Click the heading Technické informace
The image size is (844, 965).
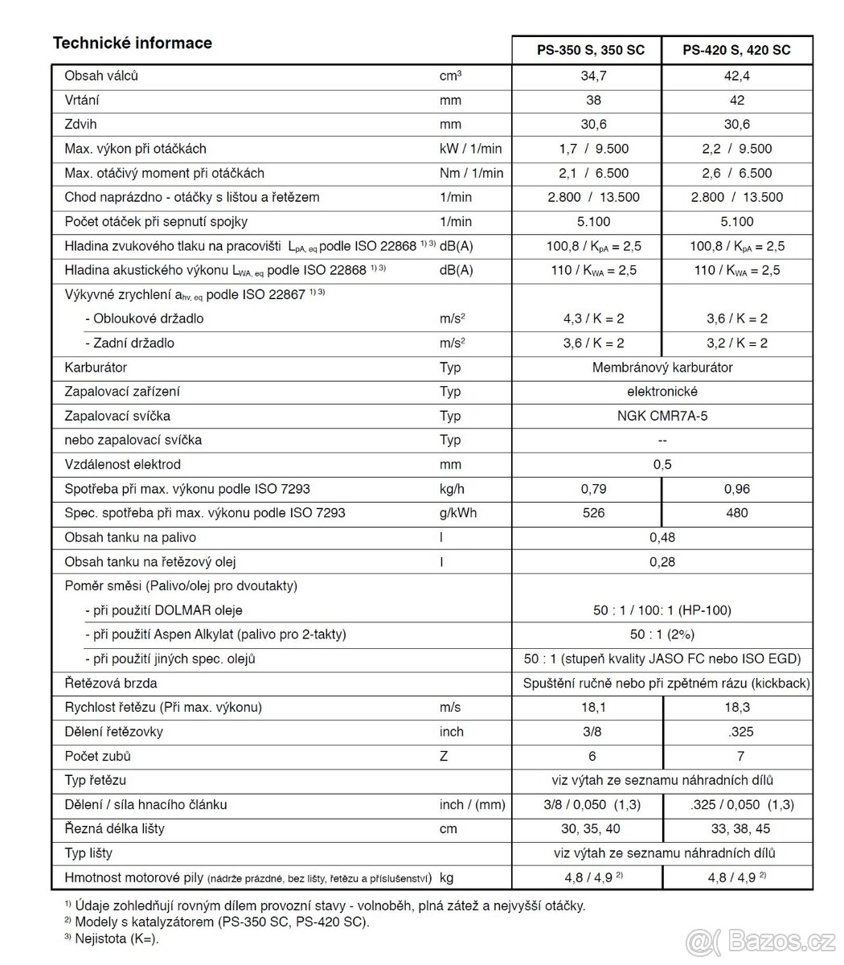(x=132, y=43)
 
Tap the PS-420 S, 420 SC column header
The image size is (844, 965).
(x=736, y=50)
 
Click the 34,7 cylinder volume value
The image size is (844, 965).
(x=593, y=76)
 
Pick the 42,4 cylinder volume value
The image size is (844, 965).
(x=737, y=76)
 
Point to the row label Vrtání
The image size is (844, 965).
(x=82, y=101)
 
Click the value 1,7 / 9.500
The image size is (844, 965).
(x=593, y=149)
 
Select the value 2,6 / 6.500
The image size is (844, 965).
(x=737, y=173)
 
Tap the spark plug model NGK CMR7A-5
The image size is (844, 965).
(x=662, y=416)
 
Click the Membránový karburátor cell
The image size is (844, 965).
(x=662, y=368)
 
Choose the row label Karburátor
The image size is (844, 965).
(x=96, y=368)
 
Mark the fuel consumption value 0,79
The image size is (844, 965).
(x=593, y=489)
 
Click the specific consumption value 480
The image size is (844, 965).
(x=737, y=513)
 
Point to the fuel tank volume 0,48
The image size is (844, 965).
(x=662, y=537)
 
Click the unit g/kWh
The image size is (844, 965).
(x=457, y=513)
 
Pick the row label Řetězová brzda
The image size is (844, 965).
(x=110, y=684)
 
